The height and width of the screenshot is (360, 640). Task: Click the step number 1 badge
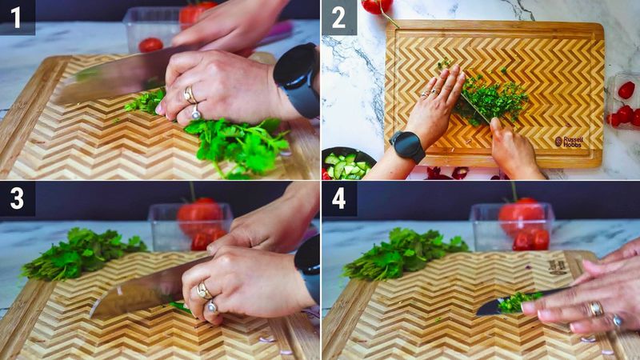[17, 17]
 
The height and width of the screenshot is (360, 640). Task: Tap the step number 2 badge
[338, 17]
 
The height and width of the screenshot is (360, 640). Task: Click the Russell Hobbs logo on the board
[569, 142]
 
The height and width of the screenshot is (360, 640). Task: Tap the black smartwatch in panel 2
[408, 146]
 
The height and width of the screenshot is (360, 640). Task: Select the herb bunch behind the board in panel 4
[404, 254]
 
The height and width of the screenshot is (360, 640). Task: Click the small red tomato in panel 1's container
[150, 45]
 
